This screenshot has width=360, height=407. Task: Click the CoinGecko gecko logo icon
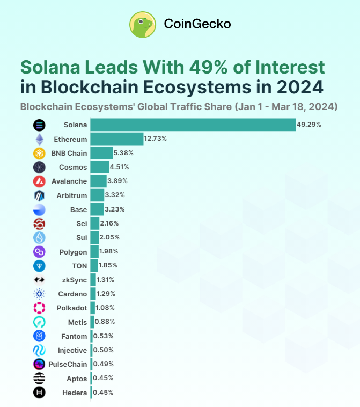143,24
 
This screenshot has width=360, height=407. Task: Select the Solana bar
193,125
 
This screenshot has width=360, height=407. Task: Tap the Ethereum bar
116,139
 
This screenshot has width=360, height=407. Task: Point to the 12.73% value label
155,139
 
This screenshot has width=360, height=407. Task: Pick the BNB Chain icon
39,153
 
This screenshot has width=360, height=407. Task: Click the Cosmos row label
73,167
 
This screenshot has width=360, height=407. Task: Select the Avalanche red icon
39,181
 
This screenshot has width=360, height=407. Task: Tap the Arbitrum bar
97,195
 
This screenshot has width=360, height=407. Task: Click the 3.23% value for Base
115,209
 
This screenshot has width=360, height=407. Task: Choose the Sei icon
39,223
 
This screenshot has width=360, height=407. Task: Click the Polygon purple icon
39,251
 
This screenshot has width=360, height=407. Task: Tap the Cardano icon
39,294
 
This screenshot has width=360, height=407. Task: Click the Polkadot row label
72,308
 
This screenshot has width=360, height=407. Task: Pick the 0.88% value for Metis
105,322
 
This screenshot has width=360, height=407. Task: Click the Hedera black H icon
39,393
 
